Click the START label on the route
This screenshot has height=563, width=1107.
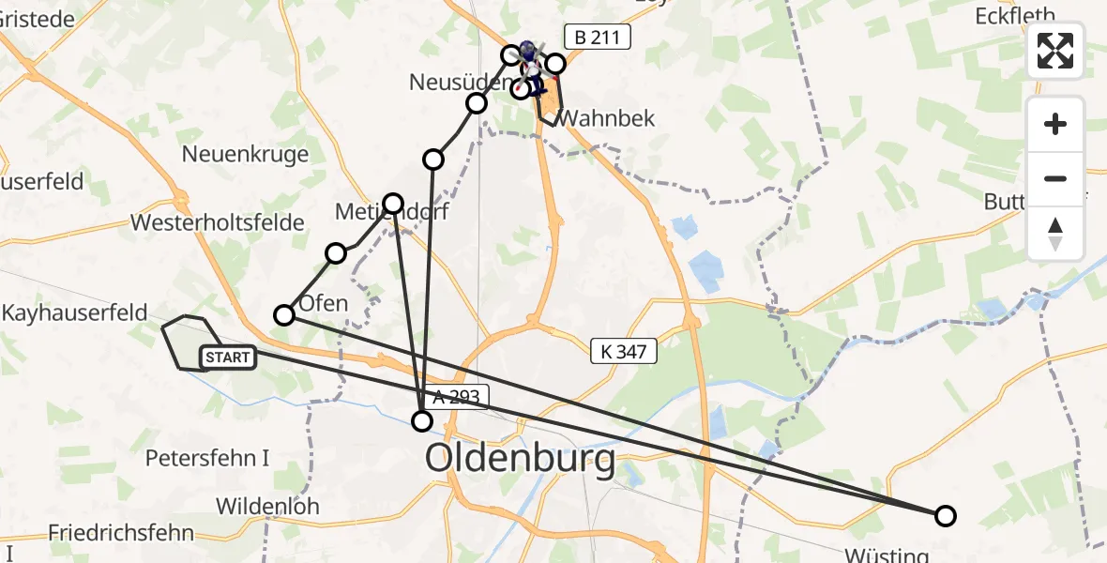click(x=228, y=357)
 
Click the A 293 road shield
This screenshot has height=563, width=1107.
click(x=457, y=398)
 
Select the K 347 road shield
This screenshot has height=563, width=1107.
click(x=624, y=352)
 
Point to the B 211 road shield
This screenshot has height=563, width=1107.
click(x=597, y=38)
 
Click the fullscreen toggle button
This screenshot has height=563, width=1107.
click(x=1055, y=51)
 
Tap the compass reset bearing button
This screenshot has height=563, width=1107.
click(x=1055, y=234)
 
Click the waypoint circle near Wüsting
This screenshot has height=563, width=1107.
click(x=946, y=515)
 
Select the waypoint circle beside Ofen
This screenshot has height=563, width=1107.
click(x=283, y=315)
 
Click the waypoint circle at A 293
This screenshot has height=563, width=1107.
click(x=423, y=421)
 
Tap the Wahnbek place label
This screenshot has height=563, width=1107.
click(x=606, y=118)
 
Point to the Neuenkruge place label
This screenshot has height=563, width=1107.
click(x=246, y=153)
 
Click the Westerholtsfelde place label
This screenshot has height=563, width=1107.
click(x=218, y=222)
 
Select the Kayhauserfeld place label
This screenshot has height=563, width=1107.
click(x=74, y=312)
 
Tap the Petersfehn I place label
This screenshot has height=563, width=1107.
click(x=207, y=458)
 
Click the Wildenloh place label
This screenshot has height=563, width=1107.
click(x=267, y=506)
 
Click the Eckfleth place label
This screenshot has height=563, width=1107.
click(x=1015, y=15)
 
